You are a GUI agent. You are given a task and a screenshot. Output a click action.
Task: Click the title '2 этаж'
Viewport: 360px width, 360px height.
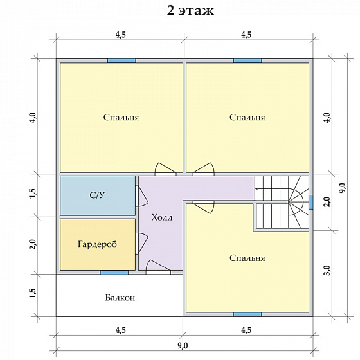tap(190, 10)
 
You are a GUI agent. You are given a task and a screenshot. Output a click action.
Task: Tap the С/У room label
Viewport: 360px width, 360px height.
tap(97, 195)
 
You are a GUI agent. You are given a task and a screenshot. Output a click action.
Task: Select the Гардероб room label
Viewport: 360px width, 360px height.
tap(97, 244)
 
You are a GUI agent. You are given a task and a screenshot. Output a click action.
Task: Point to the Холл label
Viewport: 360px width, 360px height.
tap(162, 217)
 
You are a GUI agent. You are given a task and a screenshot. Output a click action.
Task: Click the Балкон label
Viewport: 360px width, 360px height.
tap(120, 298)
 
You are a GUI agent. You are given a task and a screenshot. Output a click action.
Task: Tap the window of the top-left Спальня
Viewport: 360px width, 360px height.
tap(122, 61)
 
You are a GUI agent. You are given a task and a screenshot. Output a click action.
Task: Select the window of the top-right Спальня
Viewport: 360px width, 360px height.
tap(248, 61)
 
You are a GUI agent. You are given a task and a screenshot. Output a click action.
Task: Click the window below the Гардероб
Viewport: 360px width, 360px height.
tap(114, 273)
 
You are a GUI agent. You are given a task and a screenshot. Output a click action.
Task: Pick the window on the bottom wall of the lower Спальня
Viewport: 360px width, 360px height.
tap(248, 314)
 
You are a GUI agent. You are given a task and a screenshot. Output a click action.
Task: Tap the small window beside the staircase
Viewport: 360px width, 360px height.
tap(311, 202)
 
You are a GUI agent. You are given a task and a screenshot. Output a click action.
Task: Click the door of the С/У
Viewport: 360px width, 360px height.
tap(141, 196)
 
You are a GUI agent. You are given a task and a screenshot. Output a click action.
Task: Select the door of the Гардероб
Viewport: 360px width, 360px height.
tap(141, 244)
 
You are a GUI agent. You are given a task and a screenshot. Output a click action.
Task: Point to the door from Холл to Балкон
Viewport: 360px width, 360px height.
tap(158, 267)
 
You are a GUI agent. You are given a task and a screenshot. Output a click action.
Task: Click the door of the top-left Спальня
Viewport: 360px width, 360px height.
tap(166, 169)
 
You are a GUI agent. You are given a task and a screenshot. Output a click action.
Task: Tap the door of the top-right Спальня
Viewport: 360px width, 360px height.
tap(203, 169)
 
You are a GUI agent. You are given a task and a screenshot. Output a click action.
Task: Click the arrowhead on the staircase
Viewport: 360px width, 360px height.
tap(256, 189)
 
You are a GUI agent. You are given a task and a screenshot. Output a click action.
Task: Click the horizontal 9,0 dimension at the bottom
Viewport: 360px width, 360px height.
tap(183, 345)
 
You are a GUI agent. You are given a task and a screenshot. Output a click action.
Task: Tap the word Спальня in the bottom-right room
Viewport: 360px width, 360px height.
tap(248, 258)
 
